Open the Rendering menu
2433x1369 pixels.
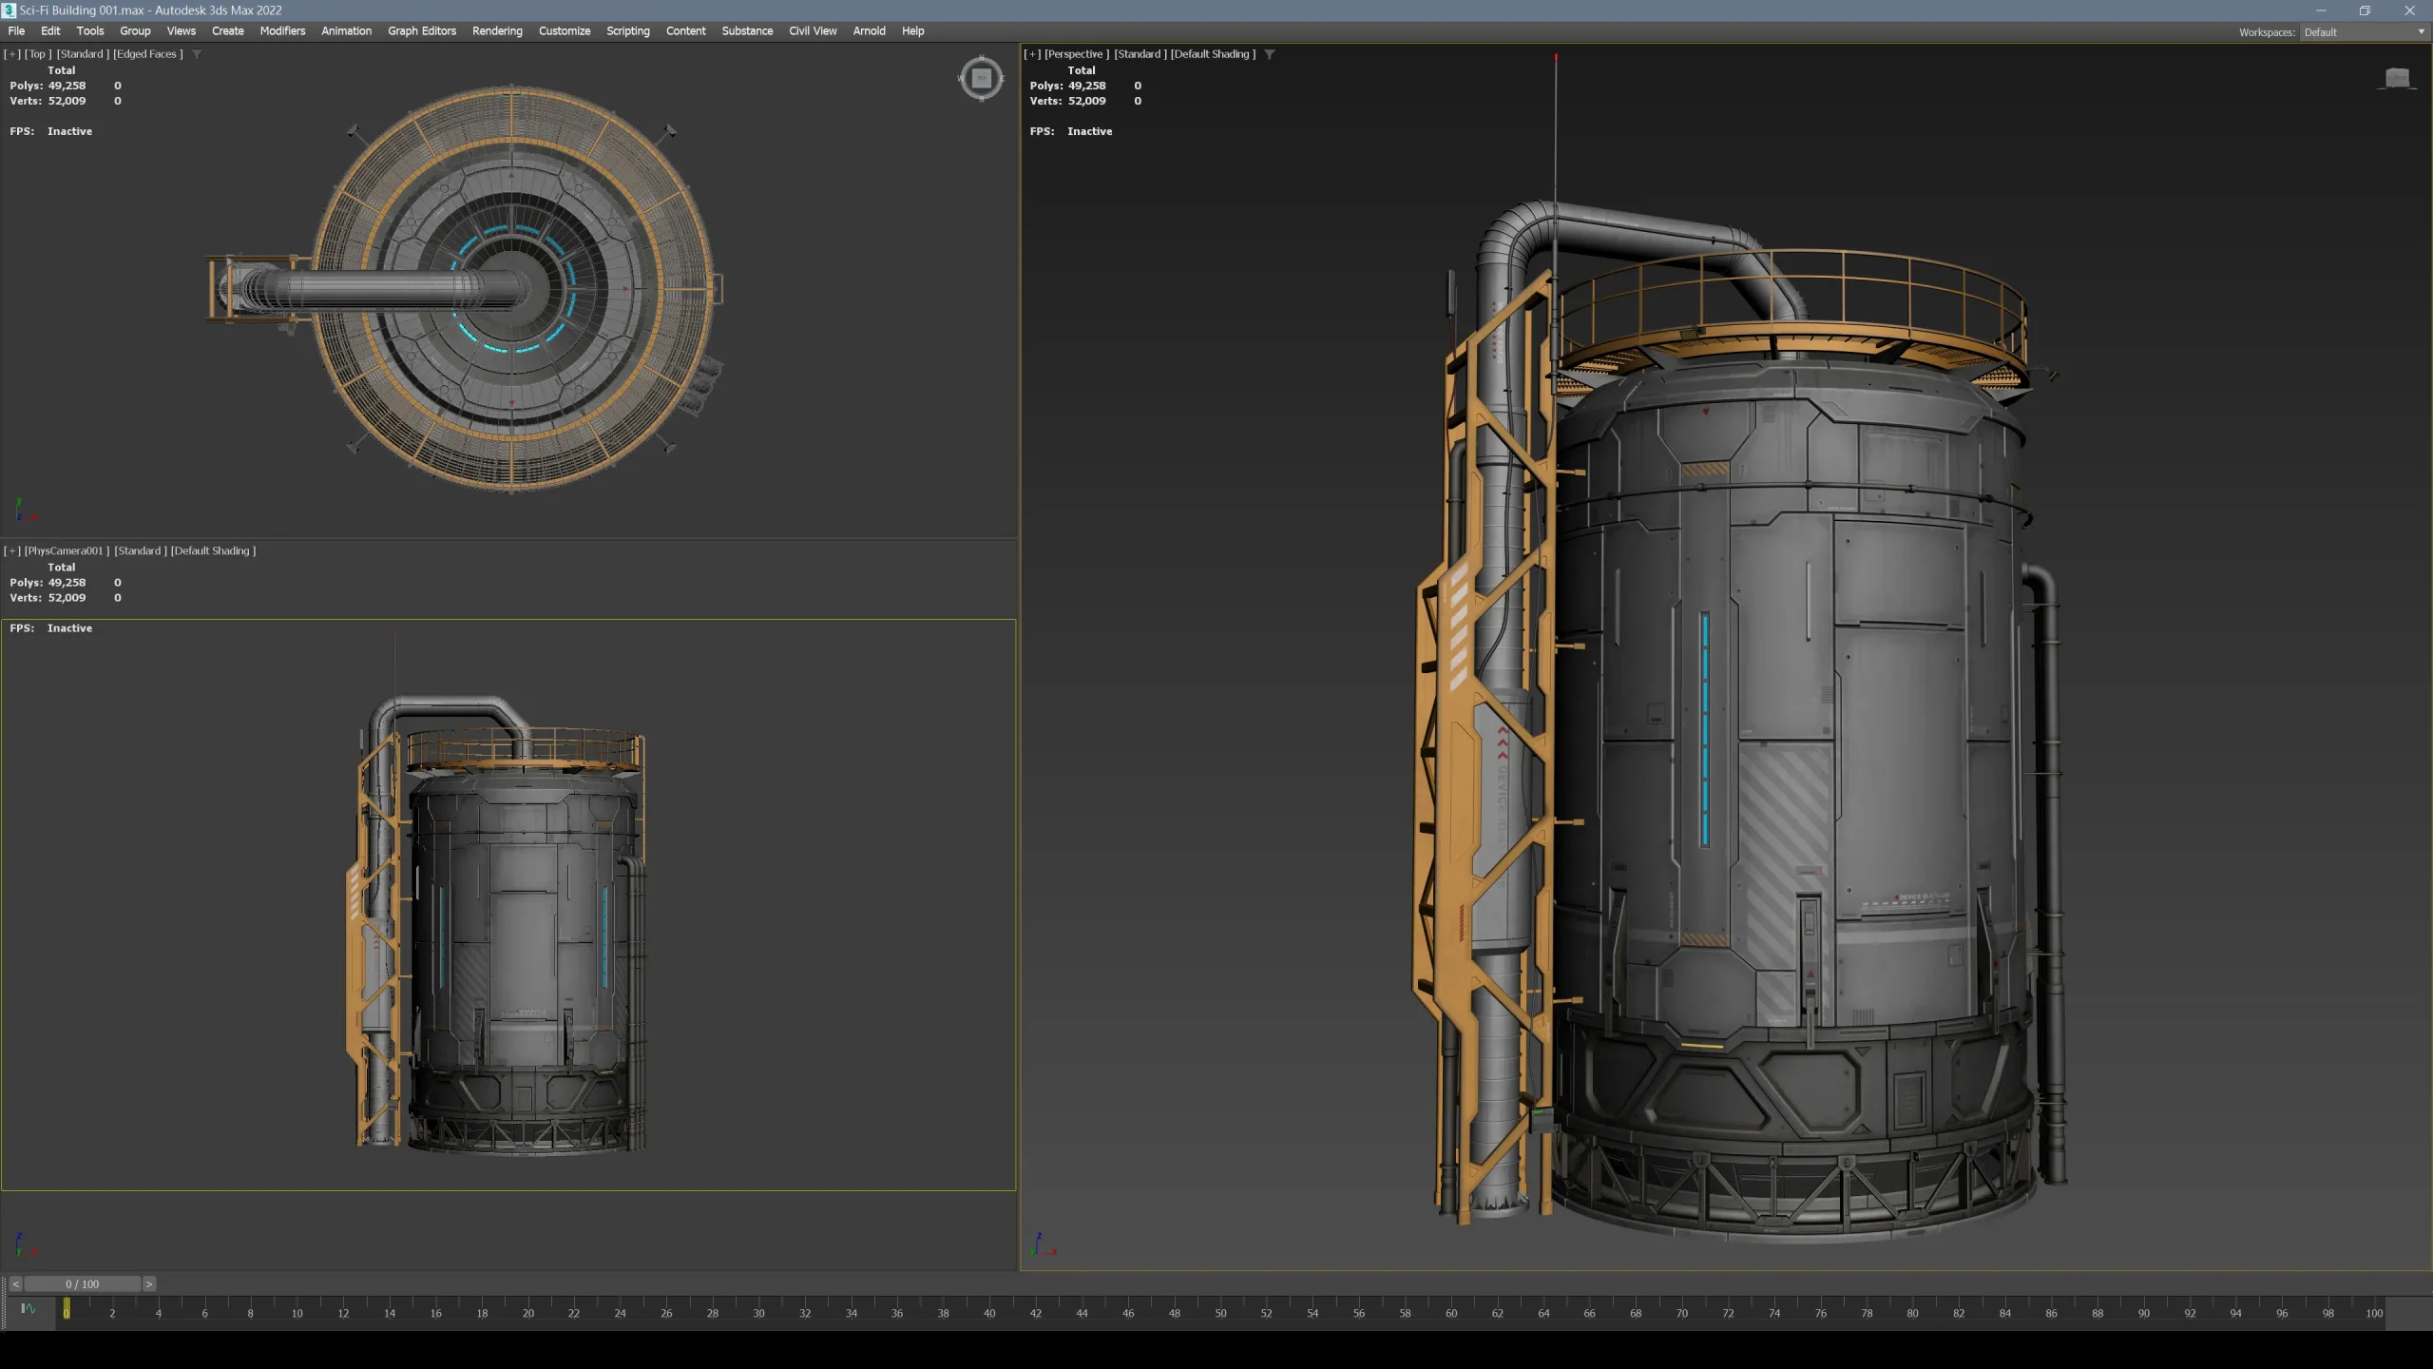coord(497,30)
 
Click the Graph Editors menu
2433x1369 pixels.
coord(421,30)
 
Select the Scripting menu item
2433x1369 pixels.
coord(627,30)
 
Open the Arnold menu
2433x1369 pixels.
coord(869,30)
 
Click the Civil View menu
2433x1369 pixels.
coord(812,30)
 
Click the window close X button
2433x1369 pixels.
coord(2409,10)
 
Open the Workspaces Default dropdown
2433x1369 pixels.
coord(2363,32)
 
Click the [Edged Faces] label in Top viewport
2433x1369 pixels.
coord(147,54)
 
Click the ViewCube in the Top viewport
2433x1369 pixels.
coord(981,78)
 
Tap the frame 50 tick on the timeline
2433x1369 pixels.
coord(1220,1313)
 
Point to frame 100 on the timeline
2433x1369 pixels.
coord(2373,1313)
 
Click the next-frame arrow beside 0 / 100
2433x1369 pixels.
coord(149,1284)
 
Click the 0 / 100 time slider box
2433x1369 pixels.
coord(82,1284)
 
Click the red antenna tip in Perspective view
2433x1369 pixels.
coord(1556,59)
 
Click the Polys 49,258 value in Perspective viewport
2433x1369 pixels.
coord(1086,86)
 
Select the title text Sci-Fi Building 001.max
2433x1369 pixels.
coord(150,10)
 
